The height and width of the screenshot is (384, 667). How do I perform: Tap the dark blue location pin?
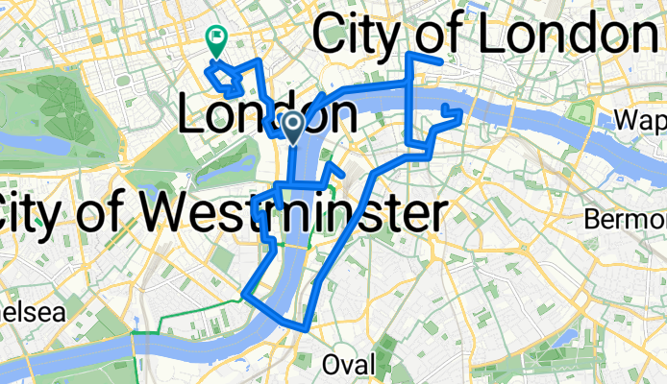(x=294, y=124)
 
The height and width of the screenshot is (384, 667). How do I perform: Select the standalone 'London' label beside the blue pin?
(x=267, y=116)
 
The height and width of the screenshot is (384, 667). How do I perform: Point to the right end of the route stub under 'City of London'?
(x=439, y=60)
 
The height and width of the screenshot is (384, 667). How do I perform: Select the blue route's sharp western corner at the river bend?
(x=248, y=293)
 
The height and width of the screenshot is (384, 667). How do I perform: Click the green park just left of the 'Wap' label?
(x=581, y=112)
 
